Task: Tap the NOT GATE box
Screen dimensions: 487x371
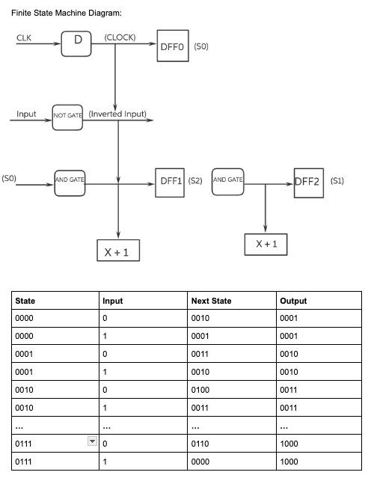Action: [x=67, y=116]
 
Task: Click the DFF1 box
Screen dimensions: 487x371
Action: [x=170, y=181]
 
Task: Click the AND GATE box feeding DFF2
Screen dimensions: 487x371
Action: [x=229, y=182]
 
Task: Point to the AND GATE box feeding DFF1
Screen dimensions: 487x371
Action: [x=70, y=182]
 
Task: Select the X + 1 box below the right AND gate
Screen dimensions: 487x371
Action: [x=267, y=245]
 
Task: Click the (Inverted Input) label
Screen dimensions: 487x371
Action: [x=118, y=114]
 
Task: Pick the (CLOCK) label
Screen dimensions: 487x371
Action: [x=120, y=37]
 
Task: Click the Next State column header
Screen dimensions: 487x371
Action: [x=212, y=301]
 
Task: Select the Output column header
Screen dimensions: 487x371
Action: [x=293, y=301]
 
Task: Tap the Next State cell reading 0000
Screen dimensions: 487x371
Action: [x=202, y=462]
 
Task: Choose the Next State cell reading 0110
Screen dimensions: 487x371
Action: [x=202, y=444]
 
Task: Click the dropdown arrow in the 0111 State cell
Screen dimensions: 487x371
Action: [x=93, y=444]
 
